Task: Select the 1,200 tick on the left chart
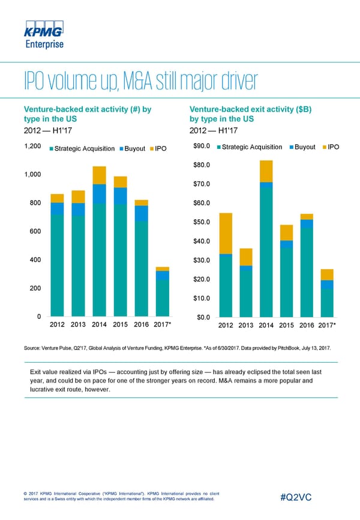[x=32, y=147]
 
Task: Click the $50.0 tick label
[x=202, y=222]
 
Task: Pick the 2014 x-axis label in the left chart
[x=100, y=325]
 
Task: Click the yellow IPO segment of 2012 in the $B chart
[x=226, y=234]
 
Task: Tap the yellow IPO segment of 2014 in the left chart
[x=100, y=175]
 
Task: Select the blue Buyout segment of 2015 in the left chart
[x=121, y=196]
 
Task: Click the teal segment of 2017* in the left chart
[x=162, y=298]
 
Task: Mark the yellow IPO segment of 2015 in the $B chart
[x=287, y=233]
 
